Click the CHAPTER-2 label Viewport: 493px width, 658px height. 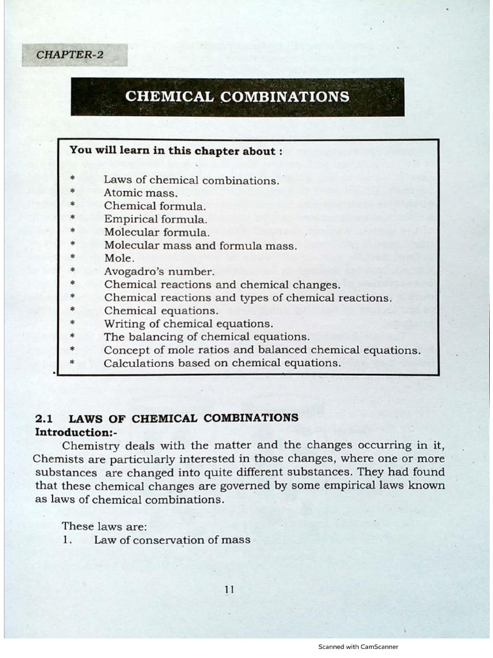70,55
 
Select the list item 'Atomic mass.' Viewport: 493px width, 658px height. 141,193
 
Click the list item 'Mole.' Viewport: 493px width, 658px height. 119,258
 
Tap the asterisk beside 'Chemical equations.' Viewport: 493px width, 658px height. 73,310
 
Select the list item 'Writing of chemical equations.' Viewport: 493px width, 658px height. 189,323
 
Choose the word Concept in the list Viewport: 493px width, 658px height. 126,350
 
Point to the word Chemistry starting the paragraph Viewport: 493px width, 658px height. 90,445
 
